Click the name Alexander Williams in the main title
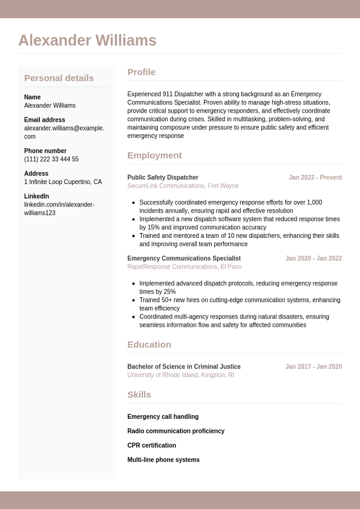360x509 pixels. coord(87,41)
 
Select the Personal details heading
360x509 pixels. coord(59,78)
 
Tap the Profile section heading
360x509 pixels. coord(141,72)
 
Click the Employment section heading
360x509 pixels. coord(154,155)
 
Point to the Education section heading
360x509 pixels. coord(149,344)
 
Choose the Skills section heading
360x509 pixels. coord(139,395)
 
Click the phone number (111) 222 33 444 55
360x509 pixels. coord(51,159)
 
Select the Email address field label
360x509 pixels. coord(45,120)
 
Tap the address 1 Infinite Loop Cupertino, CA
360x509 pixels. coord(63,182)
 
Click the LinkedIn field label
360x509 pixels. coord(36,196)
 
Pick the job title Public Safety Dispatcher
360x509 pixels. coord(163,177)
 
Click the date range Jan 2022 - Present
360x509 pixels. coord(315,177)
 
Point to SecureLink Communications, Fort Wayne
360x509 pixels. coord(183,186)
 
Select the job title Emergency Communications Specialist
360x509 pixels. coord(184,258)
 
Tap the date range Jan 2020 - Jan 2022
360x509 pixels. coord(313,258)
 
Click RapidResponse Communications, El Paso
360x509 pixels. coord(184,266)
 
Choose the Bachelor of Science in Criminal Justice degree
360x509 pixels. coord(184,367)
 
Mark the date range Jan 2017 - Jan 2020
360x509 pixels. coord(313,367)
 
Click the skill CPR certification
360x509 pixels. coord(151,445)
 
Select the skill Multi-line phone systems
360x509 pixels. coord(163,460)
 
